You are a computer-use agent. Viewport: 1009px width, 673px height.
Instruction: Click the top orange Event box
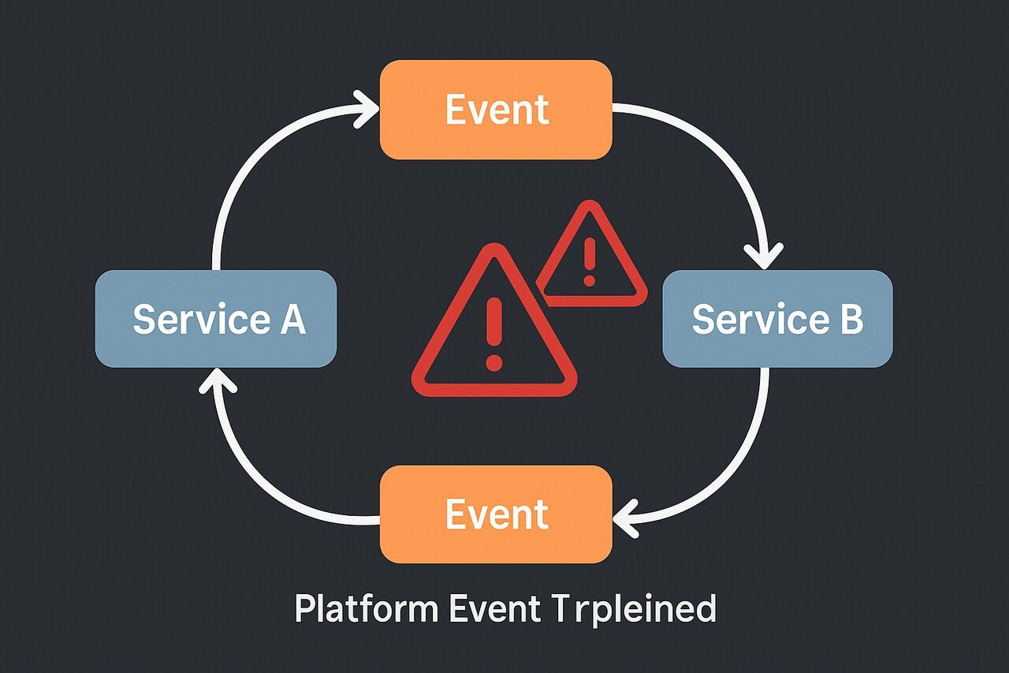click(496, 110)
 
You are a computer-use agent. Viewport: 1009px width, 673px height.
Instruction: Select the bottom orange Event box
click(496, 514)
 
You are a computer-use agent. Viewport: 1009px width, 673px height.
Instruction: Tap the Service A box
click(215, 319)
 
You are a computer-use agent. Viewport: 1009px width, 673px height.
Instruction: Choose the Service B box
click(777, 319)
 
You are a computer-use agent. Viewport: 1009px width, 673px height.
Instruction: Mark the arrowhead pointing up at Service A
click(218, 383)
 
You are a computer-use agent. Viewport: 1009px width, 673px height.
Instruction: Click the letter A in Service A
click(292, 319)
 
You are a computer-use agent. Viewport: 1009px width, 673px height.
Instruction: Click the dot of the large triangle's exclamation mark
click(494, 363)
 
